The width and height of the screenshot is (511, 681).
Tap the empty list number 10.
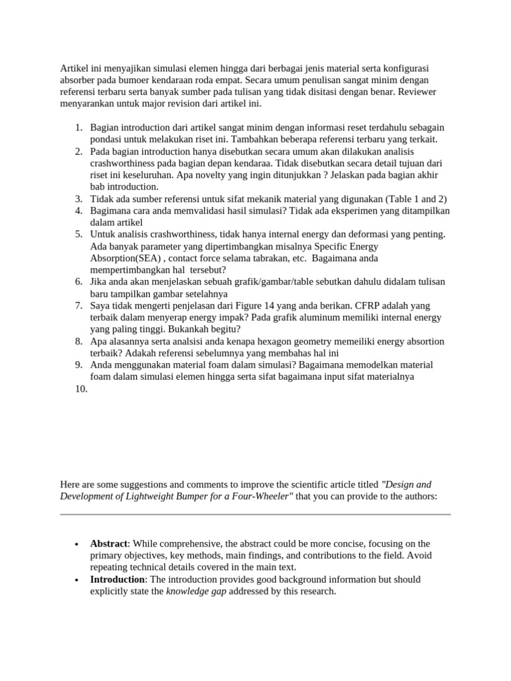(81, 389)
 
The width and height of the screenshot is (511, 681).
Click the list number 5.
(79, 234)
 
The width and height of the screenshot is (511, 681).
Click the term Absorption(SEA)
(126, 258)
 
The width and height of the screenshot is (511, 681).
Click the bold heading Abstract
(108, 543)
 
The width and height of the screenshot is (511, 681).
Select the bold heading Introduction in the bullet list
(117, 579)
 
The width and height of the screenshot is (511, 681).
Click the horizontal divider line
(255, 514)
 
